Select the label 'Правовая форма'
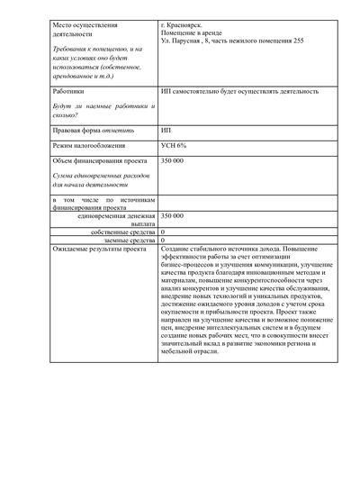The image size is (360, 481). [78, 131]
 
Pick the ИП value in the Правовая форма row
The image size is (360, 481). [166, 131]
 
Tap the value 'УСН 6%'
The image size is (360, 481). [173, 145]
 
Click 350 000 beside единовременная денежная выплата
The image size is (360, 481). [172, 216]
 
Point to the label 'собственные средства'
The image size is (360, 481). [122, 232]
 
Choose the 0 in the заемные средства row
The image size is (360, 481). [162, 240]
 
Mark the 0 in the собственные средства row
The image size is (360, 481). [162, 232]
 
